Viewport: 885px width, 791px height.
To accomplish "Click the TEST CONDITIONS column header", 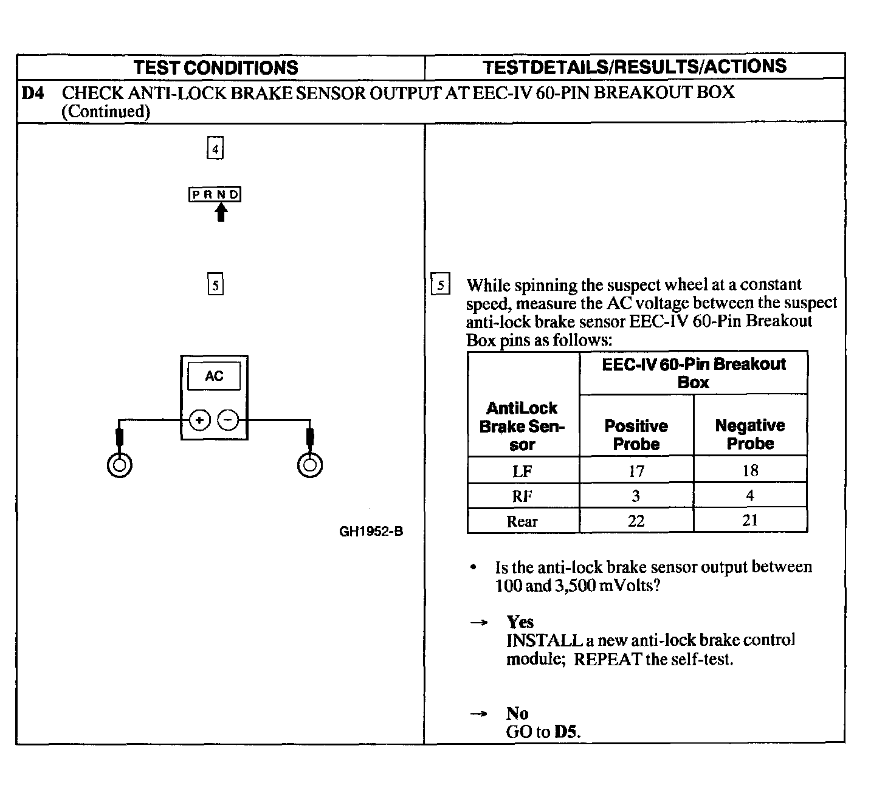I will click(216, 67).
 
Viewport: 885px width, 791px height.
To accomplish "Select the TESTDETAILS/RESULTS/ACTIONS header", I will click(634, 66).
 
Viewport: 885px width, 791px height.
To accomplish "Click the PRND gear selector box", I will click(215, 194).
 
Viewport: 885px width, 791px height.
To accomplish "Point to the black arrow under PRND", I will click(221, 212).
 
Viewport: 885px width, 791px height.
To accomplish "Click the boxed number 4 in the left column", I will click(215, 149).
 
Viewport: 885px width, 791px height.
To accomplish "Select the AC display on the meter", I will click(214, 376).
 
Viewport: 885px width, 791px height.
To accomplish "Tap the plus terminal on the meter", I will click(199, 420).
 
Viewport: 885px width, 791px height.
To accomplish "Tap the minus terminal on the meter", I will click(228, 420).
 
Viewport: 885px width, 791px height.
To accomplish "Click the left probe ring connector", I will click(120, 465).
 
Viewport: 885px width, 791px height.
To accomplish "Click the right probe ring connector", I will click(310, 465).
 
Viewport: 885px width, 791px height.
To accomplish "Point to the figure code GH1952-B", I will click(371, 532).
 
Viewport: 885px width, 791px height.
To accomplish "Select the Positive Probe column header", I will click(636, 434).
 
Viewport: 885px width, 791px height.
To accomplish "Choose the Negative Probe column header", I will click(750, 434).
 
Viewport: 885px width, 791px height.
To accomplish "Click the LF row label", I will click(522, 471).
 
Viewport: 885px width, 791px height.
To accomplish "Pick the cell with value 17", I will click(636, 471).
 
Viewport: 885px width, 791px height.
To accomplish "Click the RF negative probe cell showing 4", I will click(750, 496).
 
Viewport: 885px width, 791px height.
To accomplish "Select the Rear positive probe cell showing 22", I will click(636, 521).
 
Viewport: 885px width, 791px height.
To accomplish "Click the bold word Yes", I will click(520, 621).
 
